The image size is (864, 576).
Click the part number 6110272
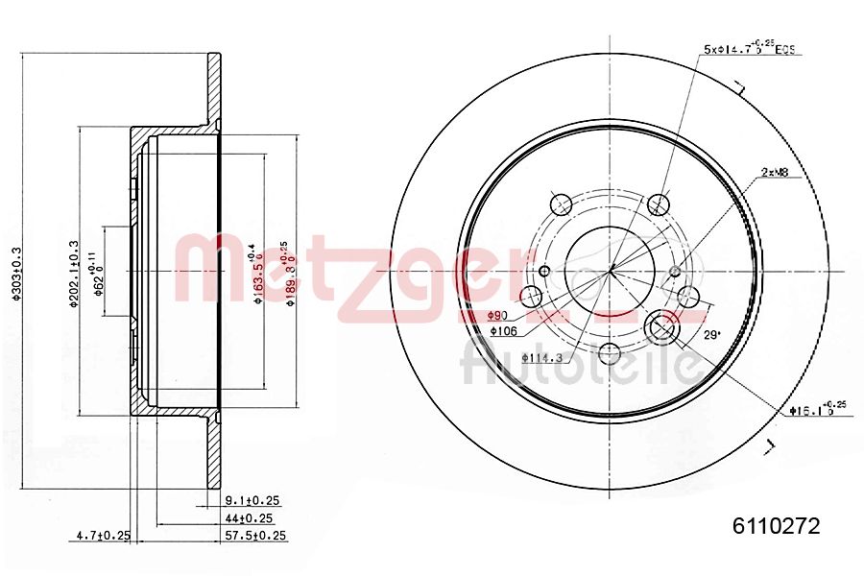[776, 525]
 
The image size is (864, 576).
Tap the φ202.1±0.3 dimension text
[73, 274]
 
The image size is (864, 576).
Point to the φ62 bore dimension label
[97, 274]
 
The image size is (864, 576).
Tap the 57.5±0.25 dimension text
[254, 535]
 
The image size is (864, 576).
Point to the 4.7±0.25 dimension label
[104, 535]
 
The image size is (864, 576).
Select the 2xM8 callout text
[775, 173]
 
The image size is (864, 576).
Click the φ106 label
[504, 331]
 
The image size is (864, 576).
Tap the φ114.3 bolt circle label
[541, 359]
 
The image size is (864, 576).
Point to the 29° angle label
[712, 335]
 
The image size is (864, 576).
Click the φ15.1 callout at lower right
[815, 410]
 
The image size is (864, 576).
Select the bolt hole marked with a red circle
[661, 328]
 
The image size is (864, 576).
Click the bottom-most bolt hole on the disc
[610, 350]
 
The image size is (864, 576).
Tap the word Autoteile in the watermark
[581, 362]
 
